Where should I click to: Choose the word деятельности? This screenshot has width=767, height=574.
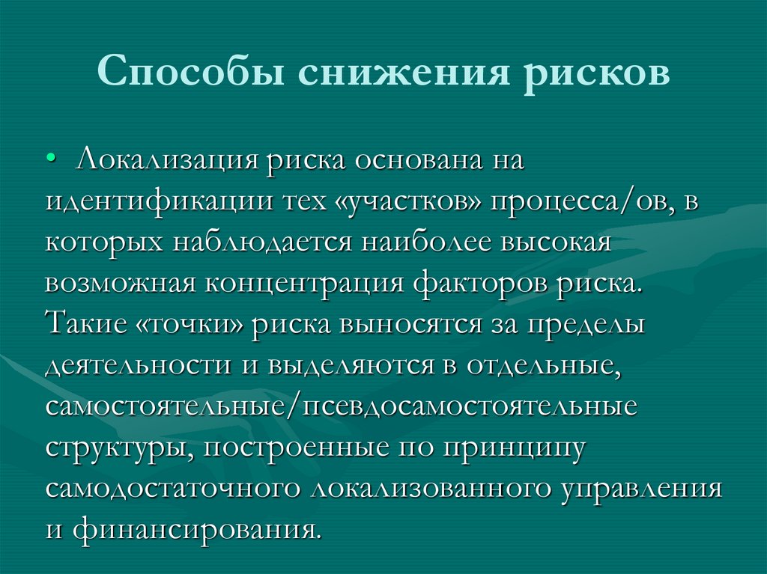tap(139, 367)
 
